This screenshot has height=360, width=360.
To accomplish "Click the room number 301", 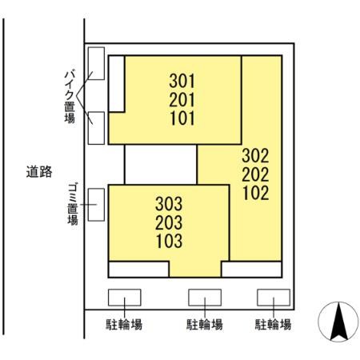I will click(182, 81).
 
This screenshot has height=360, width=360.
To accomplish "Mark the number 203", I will click(169, 222).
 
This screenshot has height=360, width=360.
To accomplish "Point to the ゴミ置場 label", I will click(72, 204).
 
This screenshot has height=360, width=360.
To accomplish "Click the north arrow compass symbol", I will click(336, 323).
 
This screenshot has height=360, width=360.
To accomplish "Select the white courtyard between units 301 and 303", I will click(160, 164).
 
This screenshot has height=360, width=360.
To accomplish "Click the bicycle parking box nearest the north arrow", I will click(273, 297).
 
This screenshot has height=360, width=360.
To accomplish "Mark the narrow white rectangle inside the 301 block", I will click(116, 83).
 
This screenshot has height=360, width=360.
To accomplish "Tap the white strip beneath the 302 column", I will click(251, 269).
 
